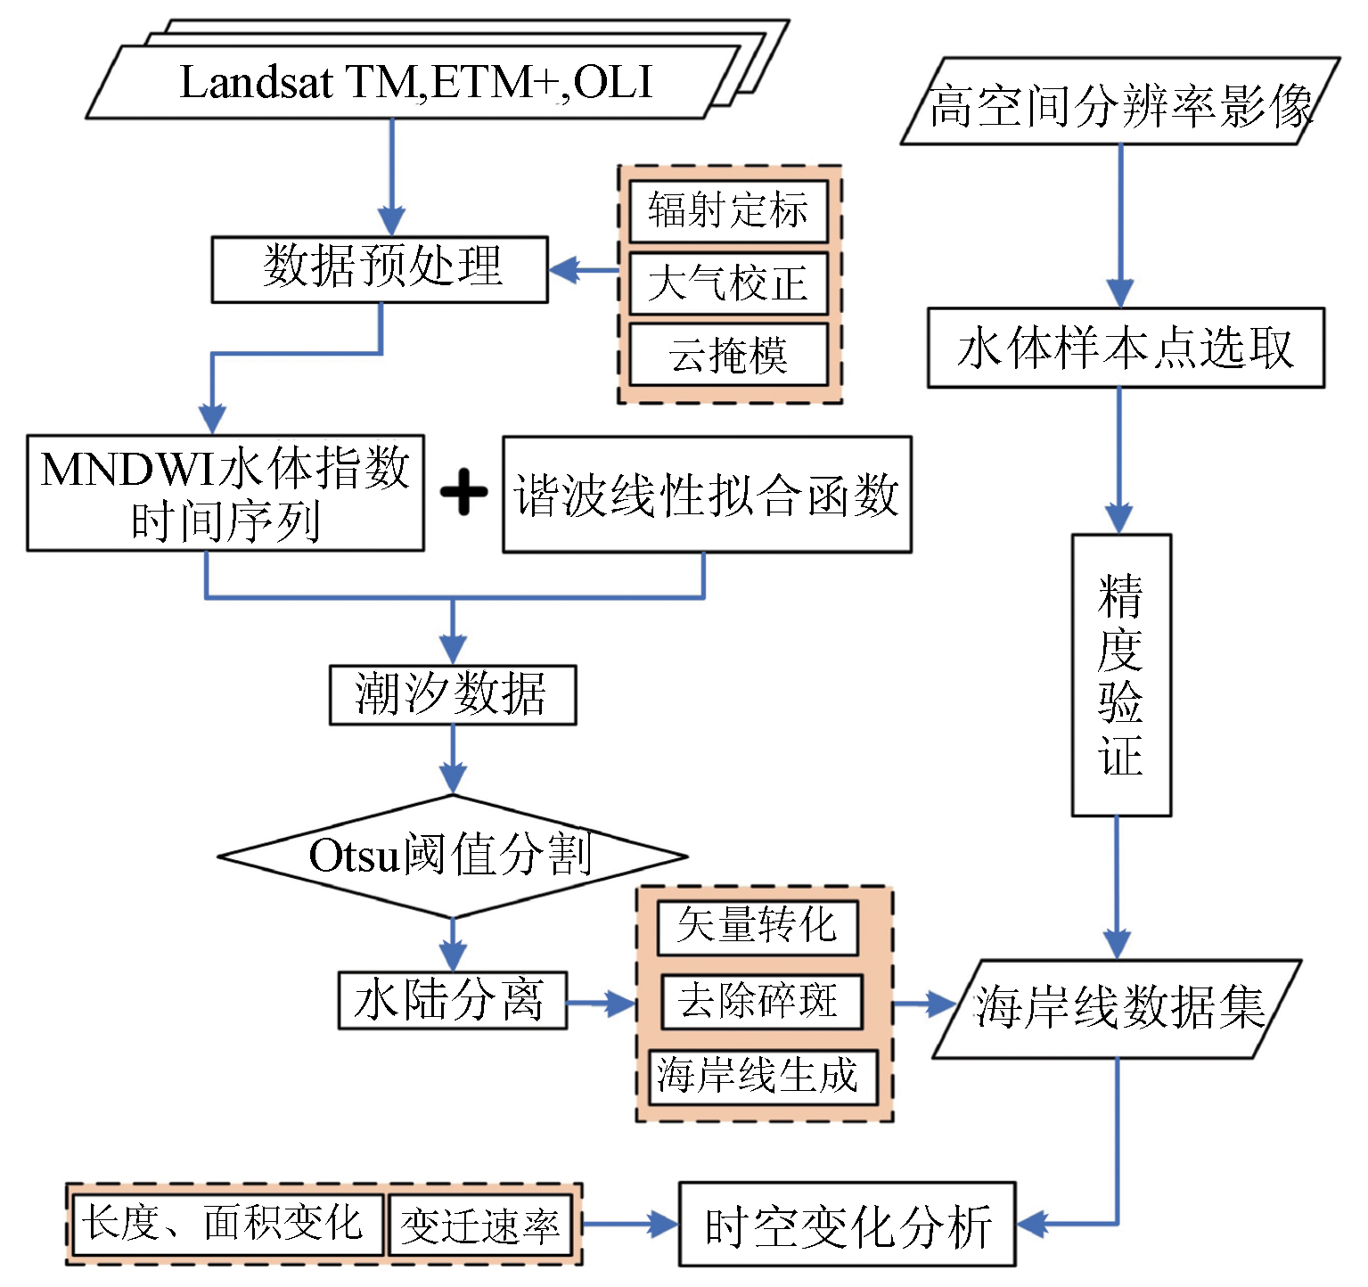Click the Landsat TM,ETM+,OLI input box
tap(414, 82)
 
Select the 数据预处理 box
tap(380, 269)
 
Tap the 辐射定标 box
tap(728, 211)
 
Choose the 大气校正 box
tap(728, 283)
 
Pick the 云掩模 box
tap(728, 355)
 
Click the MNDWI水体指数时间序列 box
tap(225, 493)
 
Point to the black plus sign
tap(463, 493)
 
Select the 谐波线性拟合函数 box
tap(707, 495)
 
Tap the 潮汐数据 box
tap(453, 694)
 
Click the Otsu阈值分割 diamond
tap(453, 856)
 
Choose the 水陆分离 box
tap(453, 1000)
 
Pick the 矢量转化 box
tap(758, 927)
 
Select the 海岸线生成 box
tap(763, 1076)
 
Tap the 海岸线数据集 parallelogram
tap(1118, 1009)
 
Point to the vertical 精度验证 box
tap(1121, 675)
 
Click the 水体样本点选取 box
tap(1126, 348)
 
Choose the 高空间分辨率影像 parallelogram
tap(1120, 102)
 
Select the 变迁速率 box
tap(480, 1226)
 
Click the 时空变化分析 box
tap(847, 1225)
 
